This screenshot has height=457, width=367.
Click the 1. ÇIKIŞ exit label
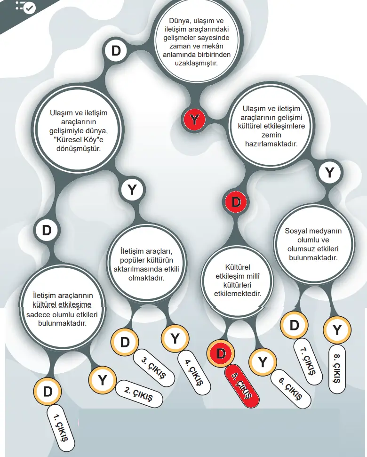coord(62,425)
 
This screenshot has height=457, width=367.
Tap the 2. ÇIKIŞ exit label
coord(139,393)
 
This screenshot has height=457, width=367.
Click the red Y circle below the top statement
coord(194,120)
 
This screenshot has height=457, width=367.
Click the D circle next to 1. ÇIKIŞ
coord(48,391)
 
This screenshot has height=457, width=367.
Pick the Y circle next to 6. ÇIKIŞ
coord(263,362)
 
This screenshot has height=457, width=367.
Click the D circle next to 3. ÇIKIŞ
coord(125,342)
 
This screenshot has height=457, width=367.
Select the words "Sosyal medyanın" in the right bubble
coord(313,231)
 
